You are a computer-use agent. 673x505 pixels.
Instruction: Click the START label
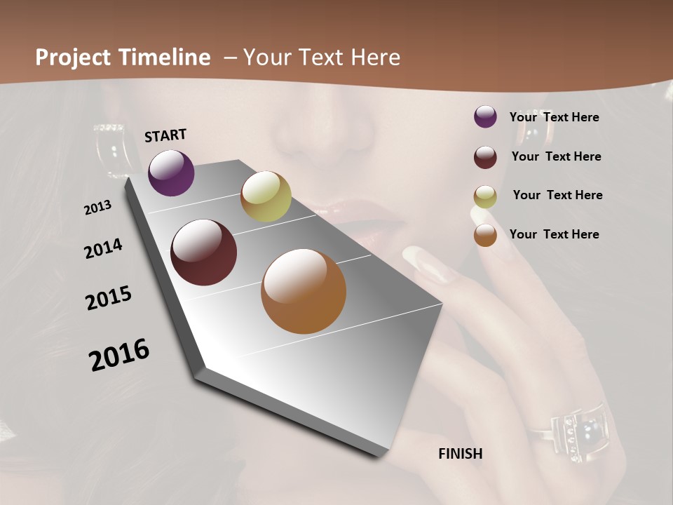point(165,135)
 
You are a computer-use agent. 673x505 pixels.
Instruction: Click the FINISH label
point(460,454)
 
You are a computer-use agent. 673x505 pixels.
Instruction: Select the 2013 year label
point(97,208)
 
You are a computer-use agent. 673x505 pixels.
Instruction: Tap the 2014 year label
point(103,248)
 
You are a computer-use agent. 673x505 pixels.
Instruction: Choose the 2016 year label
point(119,354)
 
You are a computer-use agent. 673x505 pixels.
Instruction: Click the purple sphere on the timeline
point(171,173)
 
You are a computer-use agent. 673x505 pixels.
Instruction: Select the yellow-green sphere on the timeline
point(266,196)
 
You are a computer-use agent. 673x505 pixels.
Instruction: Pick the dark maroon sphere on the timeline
point(203,252)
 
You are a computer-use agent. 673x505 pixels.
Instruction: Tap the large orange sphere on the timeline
point(304,292)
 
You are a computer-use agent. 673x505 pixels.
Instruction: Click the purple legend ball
point(485,117)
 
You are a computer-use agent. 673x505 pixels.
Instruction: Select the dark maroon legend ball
point(485,156)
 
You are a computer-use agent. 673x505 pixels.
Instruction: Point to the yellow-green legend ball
point(485,196)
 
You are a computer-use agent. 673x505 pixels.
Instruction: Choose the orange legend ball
point(485,235)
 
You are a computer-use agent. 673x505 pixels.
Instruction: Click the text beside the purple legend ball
point(554,117)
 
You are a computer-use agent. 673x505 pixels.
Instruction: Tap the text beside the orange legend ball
point(554,234)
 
